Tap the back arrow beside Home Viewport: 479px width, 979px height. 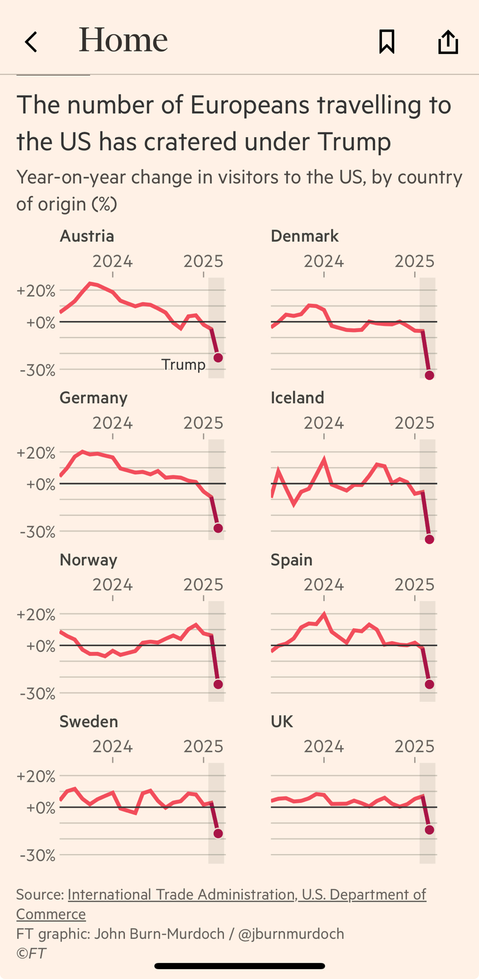click(x=31, y=42)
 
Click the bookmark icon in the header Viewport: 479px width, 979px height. click(x=386, y=42)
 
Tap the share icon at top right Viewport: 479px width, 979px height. click(x=448, y=42)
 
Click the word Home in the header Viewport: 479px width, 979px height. click(x=123, y=40)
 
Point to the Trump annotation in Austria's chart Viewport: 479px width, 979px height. click(x=183, y=365)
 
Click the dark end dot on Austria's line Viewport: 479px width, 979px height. click(x=218, y=358)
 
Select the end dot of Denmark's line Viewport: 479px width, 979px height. click(x=430, y=375)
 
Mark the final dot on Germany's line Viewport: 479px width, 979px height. click(x=218, y=528)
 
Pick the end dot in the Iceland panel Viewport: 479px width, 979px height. click(x=430, y=539)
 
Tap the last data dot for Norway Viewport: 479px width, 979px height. click(x=218, y=684)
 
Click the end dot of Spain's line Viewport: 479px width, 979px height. click(x=430, y=684)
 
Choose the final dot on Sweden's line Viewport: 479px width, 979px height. click(x=218, y=834)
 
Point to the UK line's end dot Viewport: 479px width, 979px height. click(x=430, y=830)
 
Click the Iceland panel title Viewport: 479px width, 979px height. click(x=297, y=397)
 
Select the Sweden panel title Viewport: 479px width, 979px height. click(x=89, y=722)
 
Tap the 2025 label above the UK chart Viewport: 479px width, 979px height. click(x=414, y=746)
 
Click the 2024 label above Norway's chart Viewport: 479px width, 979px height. click(x=113, y=584)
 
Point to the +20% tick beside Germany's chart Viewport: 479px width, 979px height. click(x=36, y=453)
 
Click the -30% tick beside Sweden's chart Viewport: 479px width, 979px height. click(x=37, y=855)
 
